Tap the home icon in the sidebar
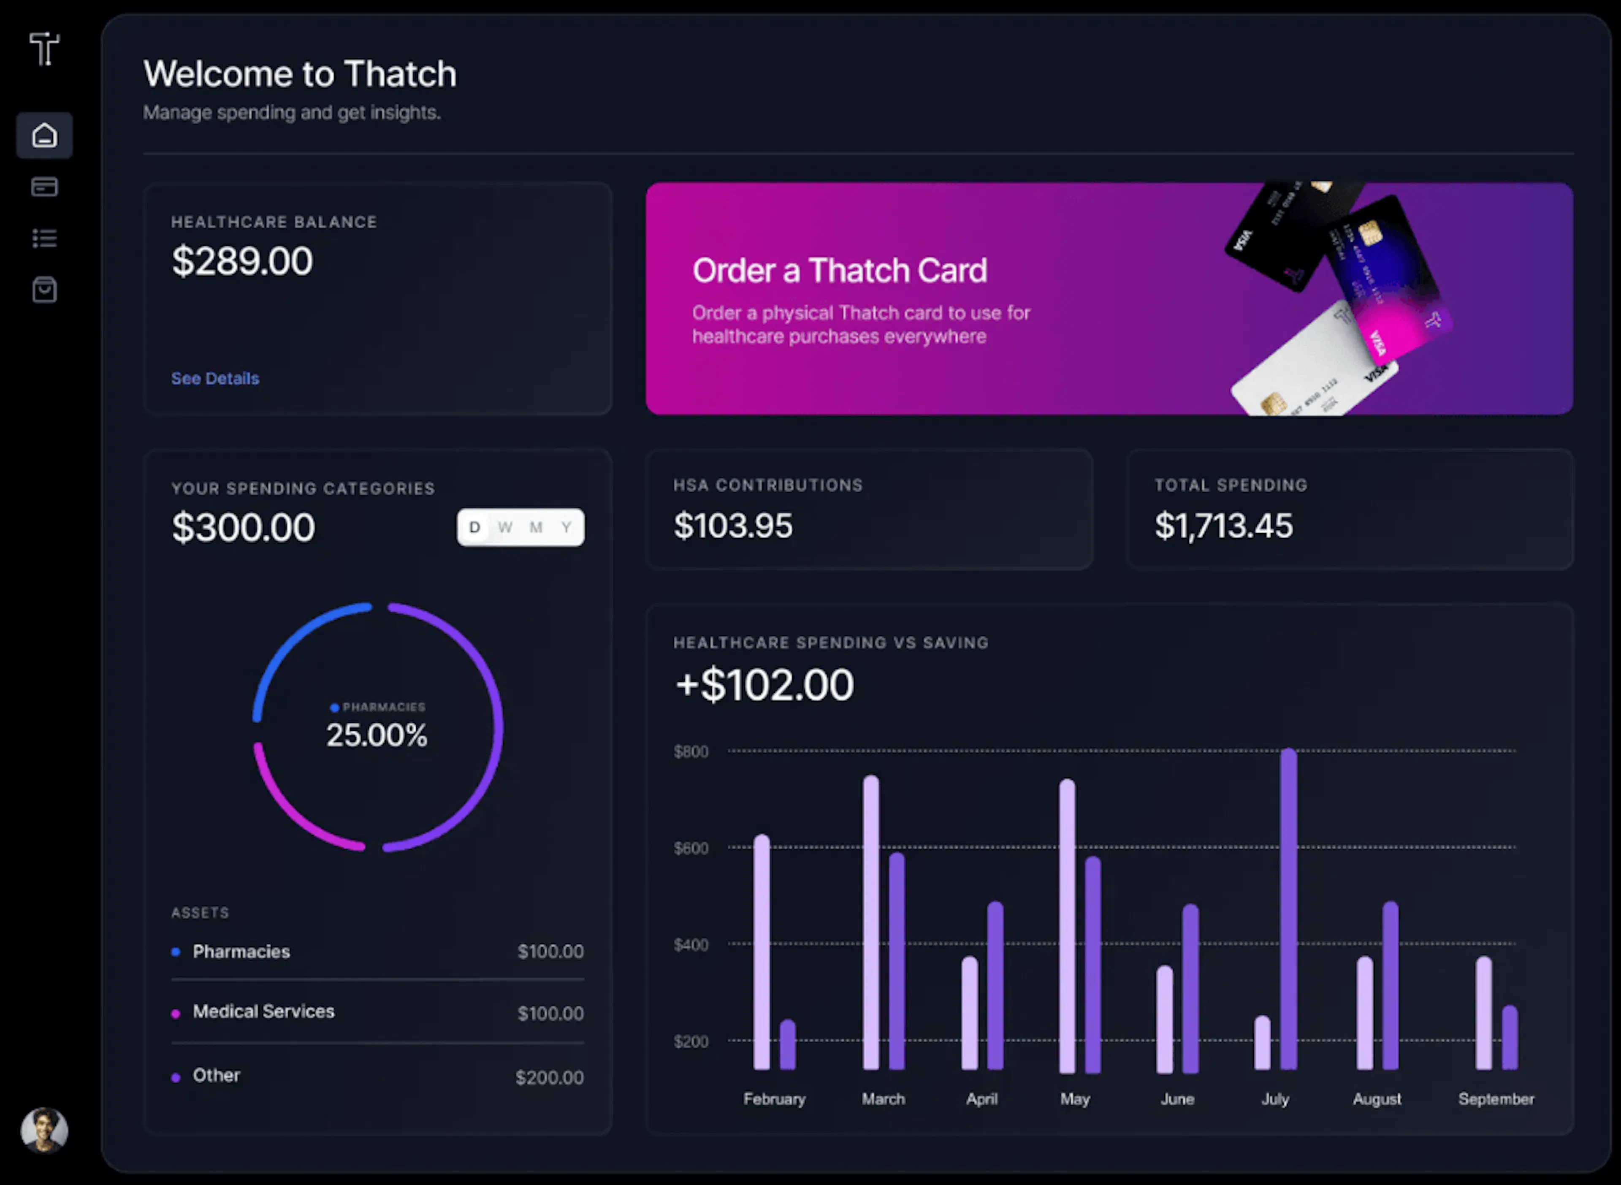point(44,135)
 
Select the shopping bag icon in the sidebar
point(44,290)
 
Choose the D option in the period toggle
point(474,527)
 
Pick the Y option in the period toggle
point(567,527)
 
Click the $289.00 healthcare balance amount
point(242,260)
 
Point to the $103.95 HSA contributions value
point(733,525)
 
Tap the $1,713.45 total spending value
point(1224,525)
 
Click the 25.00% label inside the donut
point(377,735)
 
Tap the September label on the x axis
point(1496,1099)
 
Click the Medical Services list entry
point(263,1011)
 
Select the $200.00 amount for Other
point(550,1077)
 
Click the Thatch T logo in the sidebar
point(44,49)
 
